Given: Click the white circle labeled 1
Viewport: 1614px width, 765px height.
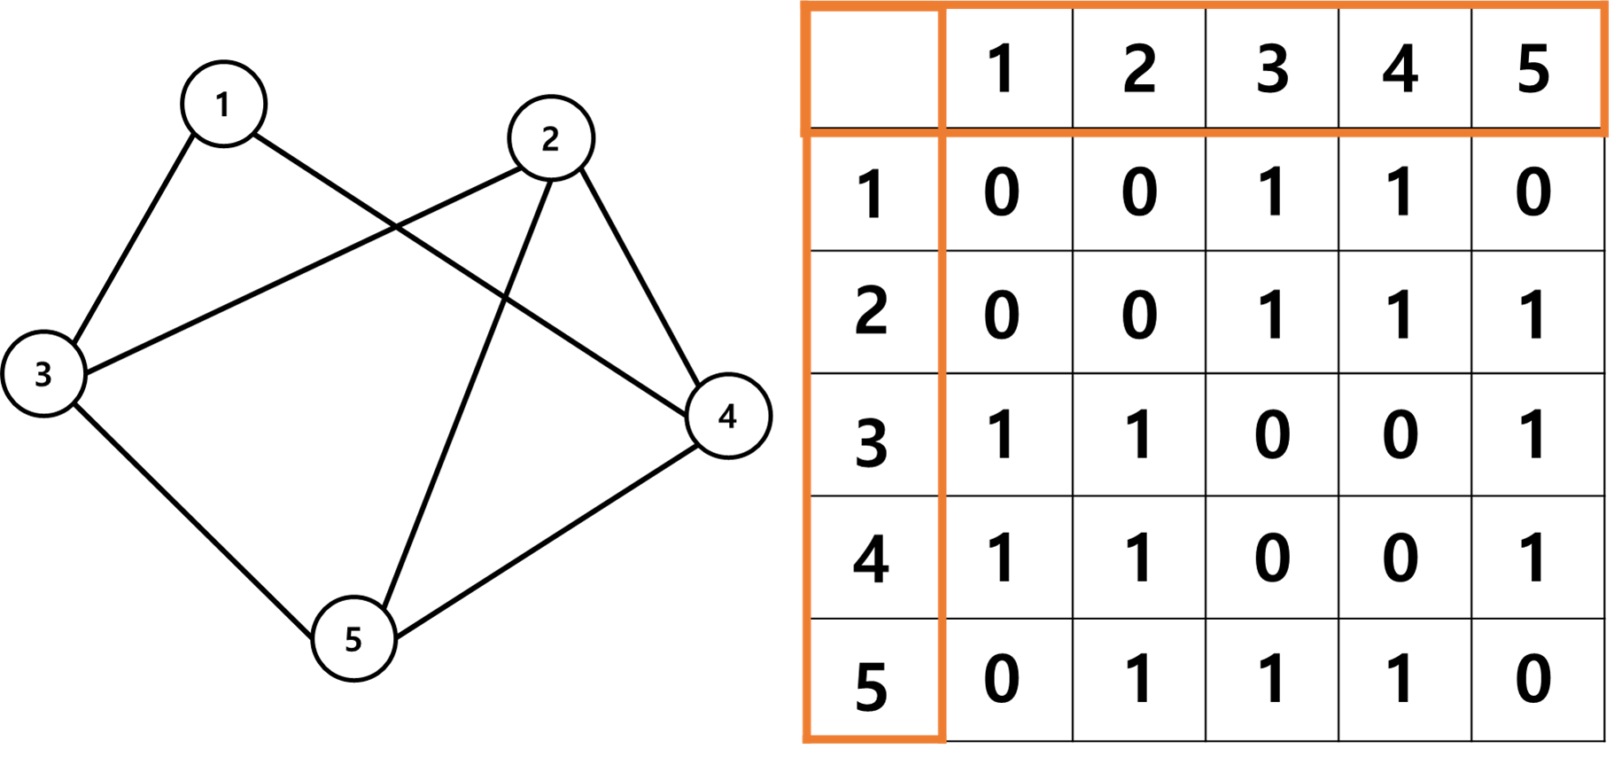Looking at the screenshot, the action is pyautogui.click(x=223, y=104).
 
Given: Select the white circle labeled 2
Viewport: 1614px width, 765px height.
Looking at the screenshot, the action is pyautogui.click(x=551, y=138).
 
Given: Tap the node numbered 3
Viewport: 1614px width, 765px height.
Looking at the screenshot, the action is pyautogui.click(x=43, y=373).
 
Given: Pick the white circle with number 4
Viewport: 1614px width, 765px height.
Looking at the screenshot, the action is pyautogui.click(x=728, y=416).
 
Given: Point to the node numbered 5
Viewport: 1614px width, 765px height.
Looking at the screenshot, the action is pyautogui.click(x=353, y=638).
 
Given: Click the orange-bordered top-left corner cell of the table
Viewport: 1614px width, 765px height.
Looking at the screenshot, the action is pyautogui.click(x=873, y=70).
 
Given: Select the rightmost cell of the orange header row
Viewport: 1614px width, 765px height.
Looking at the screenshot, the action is pyautogui.click(x=1538, y=70).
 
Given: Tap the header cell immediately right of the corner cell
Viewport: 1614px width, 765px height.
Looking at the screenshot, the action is pyautogui.click(x=1008, y=70).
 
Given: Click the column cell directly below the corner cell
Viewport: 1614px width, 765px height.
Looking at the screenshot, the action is pyautogui.click(x=873, y=192).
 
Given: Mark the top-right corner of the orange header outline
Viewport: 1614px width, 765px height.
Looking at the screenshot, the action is pyautogui.click(x=1605, y=7).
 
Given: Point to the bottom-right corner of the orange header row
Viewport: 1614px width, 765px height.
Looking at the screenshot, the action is pyautogui.click(x=1605, y=133).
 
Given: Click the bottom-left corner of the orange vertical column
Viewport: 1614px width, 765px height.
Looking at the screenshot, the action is pyautogui.click(x=807, y=738).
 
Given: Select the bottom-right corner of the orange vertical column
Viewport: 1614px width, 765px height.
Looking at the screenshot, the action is pyautogui.click(x=942, y=738).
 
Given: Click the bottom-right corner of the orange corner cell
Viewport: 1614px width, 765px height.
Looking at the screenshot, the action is pyautogui.click(x=942, y=133).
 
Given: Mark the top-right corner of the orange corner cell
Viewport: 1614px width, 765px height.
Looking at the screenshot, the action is pyautogui.click(x=942, y=8).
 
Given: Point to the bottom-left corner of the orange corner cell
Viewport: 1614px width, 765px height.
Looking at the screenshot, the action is pyautogui.click(x=806, y=133).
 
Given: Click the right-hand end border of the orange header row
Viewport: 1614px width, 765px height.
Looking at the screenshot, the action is pyautogui.click(x=1605, y=70).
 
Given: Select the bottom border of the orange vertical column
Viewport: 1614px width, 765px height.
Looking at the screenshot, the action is pyautogui.click(x=873, y=738).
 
